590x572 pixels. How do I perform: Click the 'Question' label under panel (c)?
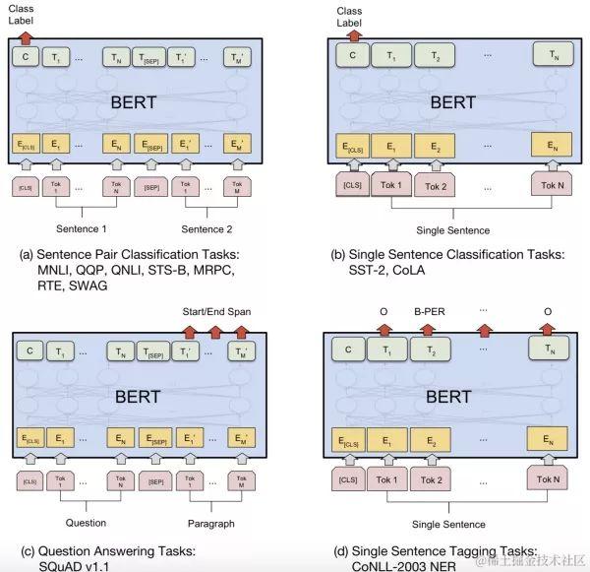point(86,523)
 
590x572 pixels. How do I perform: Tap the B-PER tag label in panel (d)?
point(431,308)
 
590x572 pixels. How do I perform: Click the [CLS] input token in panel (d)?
point(347,479)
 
